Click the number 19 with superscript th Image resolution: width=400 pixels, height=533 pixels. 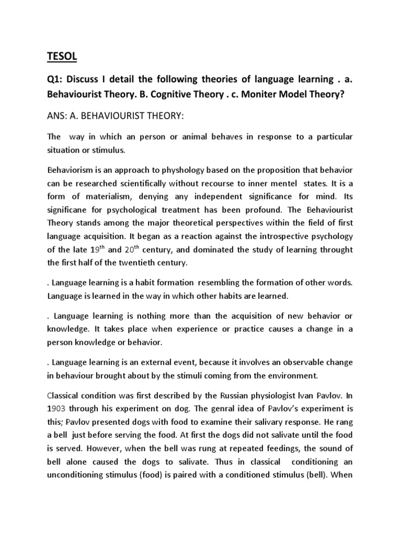click(94, 249)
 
